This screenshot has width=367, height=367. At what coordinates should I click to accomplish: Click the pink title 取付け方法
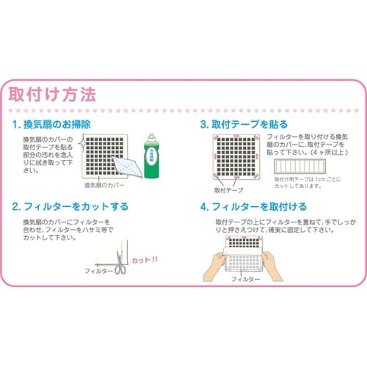[51, 95]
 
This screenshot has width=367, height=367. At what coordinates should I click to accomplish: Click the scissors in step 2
[118, 266]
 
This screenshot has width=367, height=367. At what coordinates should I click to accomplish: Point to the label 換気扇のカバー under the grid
[106, 186]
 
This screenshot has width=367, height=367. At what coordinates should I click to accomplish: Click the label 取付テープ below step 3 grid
[228, 190]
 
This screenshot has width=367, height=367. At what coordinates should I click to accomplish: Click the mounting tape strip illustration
[301, 167]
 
